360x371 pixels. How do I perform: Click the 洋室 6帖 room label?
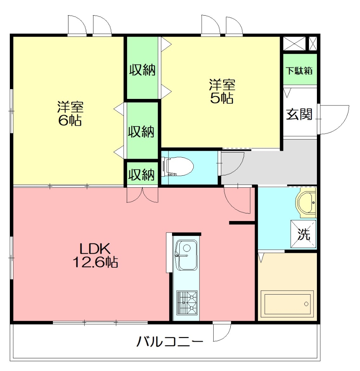click(x=70, y=113)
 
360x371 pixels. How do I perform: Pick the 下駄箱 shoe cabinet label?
click(x=299, y=71)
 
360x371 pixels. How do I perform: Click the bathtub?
click(x=288, y=304)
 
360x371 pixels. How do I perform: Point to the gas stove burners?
click(x=187, y=302)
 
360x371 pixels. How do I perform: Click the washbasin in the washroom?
click(x=306, y=202)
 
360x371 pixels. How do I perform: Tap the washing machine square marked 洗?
click(x=304, y=234)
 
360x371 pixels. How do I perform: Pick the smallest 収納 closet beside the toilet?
click(x=142, y=175)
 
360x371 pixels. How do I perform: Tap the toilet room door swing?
click(x=232, y=163)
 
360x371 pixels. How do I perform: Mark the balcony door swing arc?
click(x=222, y=332)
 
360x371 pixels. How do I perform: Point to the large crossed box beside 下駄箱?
click(x=294, y=43)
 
